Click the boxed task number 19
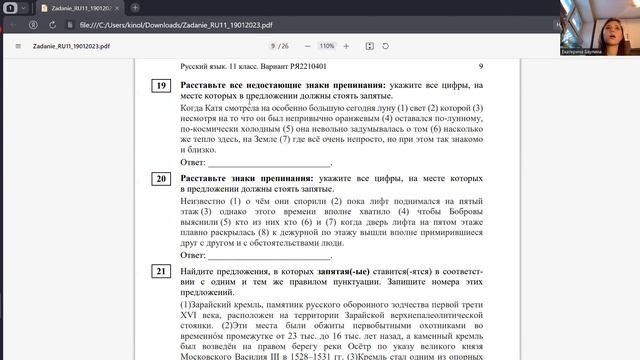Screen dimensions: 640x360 [x=161, y=86]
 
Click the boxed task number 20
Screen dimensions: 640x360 [x=161, y=179]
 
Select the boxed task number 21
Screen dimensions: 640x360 [x=161, y=271]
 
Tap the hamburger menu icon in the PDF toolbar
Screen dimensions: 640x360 [x=18, y=46]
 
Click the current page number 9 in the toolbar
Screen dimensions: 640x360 [x=273, y=46]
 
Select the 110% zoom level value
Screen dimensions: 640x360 [x=326, y=46]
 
